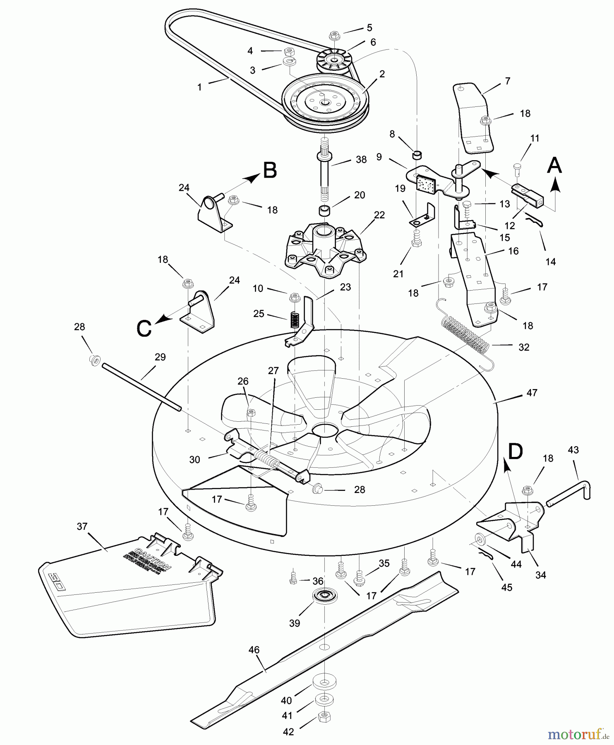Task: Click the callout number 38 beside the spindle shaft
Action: (361, 160)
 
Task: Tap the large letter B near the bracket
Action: (270, 171)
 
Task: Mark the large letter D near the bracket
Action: (515, 452)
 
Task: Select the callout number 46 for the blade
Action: (254, 650)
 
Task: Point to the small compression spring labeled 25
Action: (293, 320)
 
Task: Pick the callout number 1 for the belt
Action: (199, 88)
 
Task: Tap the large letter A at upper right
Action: (554, 166)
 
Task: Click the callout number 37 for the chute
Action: (82, 526)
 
